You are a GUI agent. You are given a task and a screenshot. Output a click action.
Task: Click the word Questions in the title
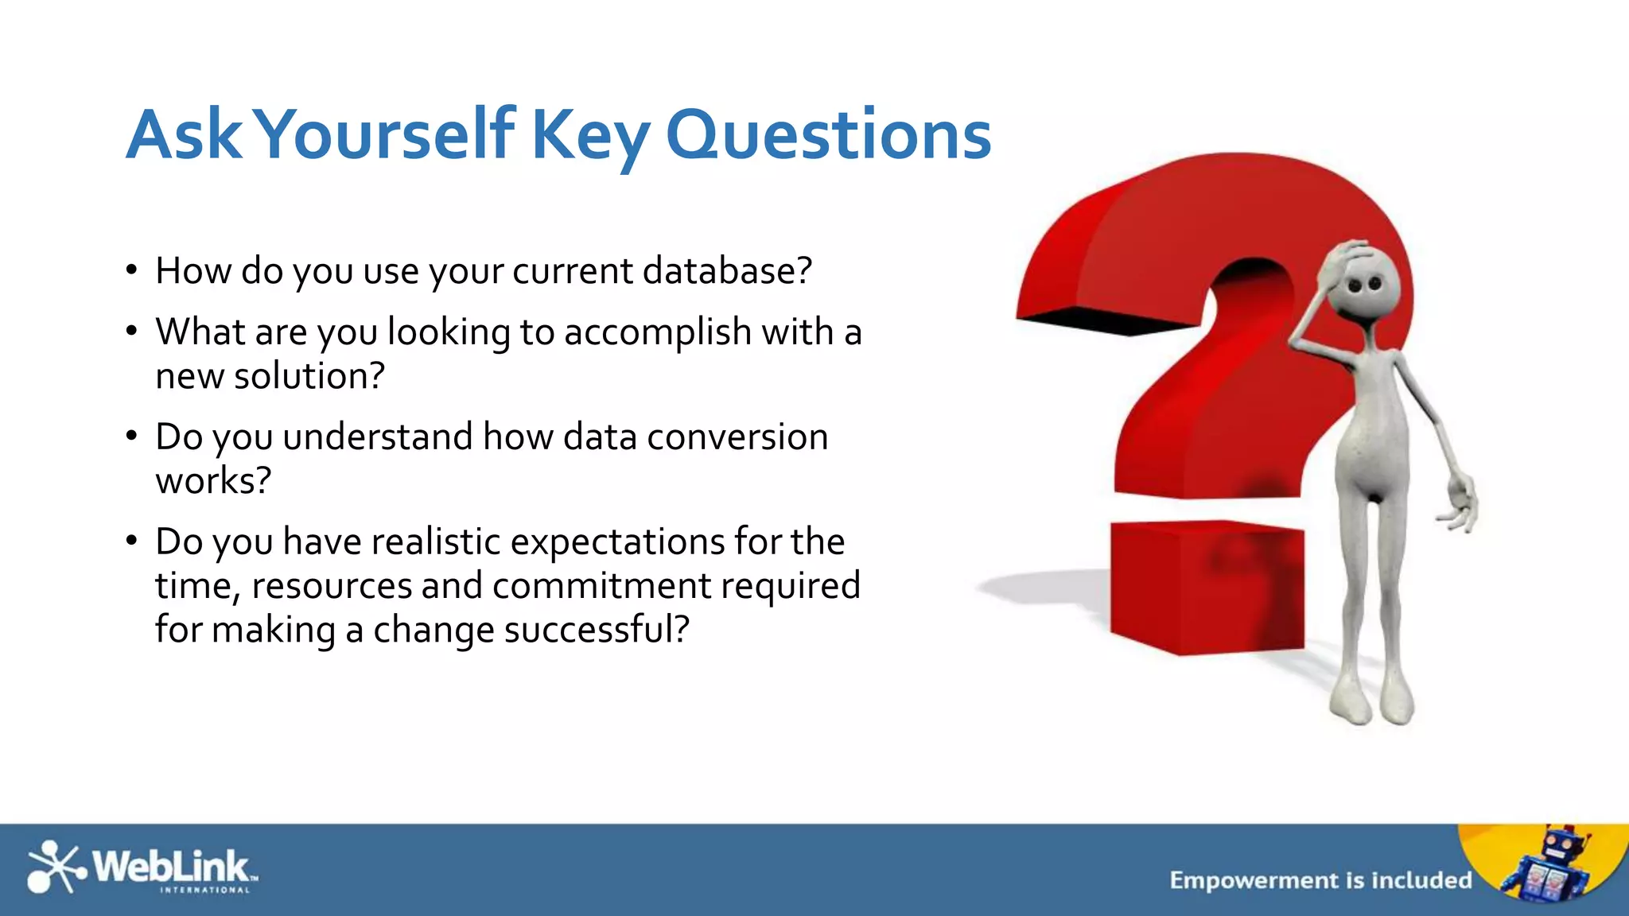tap(827, 135)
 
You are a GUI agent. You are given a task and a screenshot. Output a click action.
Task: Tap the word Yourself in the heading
tap(387, 135)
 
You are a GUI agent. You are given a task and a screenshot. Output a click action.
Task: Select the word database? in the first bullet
tap(727, 271)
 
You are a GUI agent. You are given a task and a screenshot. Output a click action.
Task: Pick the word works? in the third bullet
tap(213, 481)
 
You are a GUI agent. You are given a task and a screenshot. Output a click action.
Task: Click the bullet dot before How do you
tap(132, 270)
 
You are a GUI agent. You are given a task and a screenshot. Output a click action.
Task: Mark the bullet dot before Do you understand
tap(132, 436)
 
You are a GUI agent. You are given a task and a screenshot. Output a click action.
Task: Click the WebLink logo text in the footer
tap(171, 865)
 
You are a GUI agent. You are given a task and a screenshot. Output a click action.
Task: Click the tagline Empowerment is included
tap(1320, 880)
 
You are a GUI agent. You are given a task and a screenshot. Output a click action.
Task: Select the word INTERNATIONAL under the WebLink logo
tap(205, 890)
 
